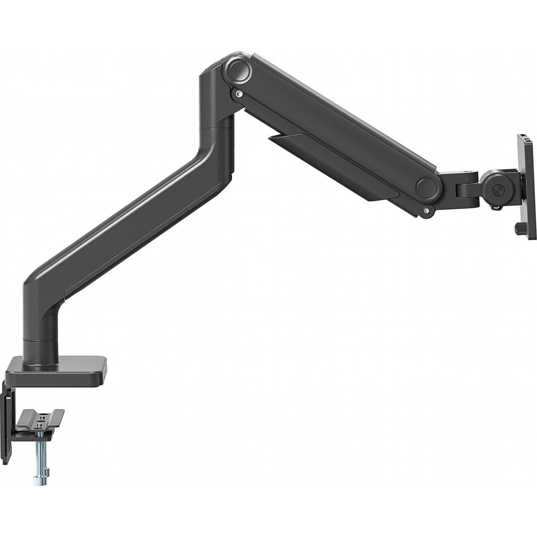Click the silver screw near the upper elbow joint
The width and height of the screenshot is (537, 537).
tap(239, 93)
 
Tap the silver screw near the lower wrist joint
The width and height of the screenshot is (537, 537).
tap(426, 210)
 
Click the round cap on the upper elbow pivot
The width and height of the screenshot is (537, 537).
tap(238, 69)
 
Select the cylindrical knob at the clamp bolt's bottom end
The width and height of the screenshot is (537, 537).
tap(40, 479)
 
